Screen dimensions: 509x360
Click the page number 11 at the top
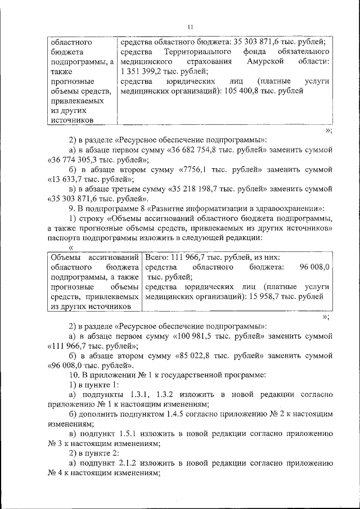[191, 26]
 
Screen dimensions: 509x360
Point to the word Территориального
[189, 51]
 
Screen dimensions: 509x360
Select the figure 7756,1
[193, 170]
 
